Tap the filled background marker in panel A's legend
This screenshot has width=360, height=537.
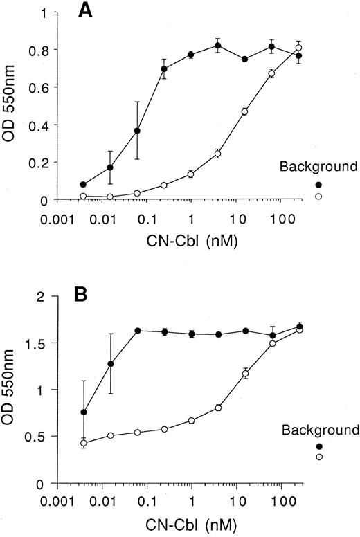(x=318, y=185)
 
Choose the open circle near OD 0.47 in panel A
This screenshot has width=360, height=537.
(x=244, y=111)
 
